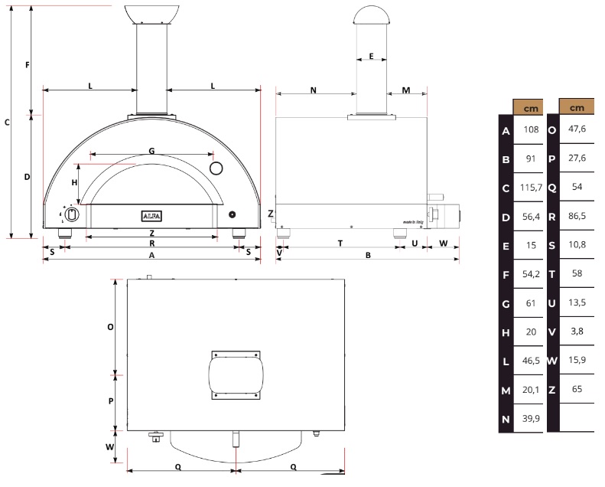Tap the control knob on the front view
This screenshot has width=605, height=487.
(70, 214)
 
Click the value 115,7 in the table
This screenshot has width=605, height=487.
(532, 188)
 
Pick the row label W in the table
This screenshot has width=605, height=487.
(552, 360)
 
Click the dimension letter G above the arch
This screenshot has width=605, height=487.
(151, 151)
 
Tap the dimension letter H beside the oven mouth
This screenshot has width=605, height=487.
(74, 182)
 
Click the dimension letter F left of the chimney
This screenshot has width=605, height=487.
(27, 66)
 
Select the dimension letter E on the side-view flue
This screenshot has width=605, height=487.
(371, 57)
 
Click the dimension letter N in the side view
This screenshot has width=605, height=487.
(313, 90)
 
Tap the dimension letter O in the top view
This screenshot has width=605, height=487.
(110, 326)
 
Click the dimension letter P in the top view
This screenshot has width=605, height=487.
(110, 400)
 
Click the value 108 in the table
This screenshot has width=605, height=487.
(532, 130)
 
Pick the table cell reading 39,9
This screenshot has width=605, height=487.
(532, 418)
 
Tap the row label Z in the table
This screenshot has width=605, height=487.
(552, 389)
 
